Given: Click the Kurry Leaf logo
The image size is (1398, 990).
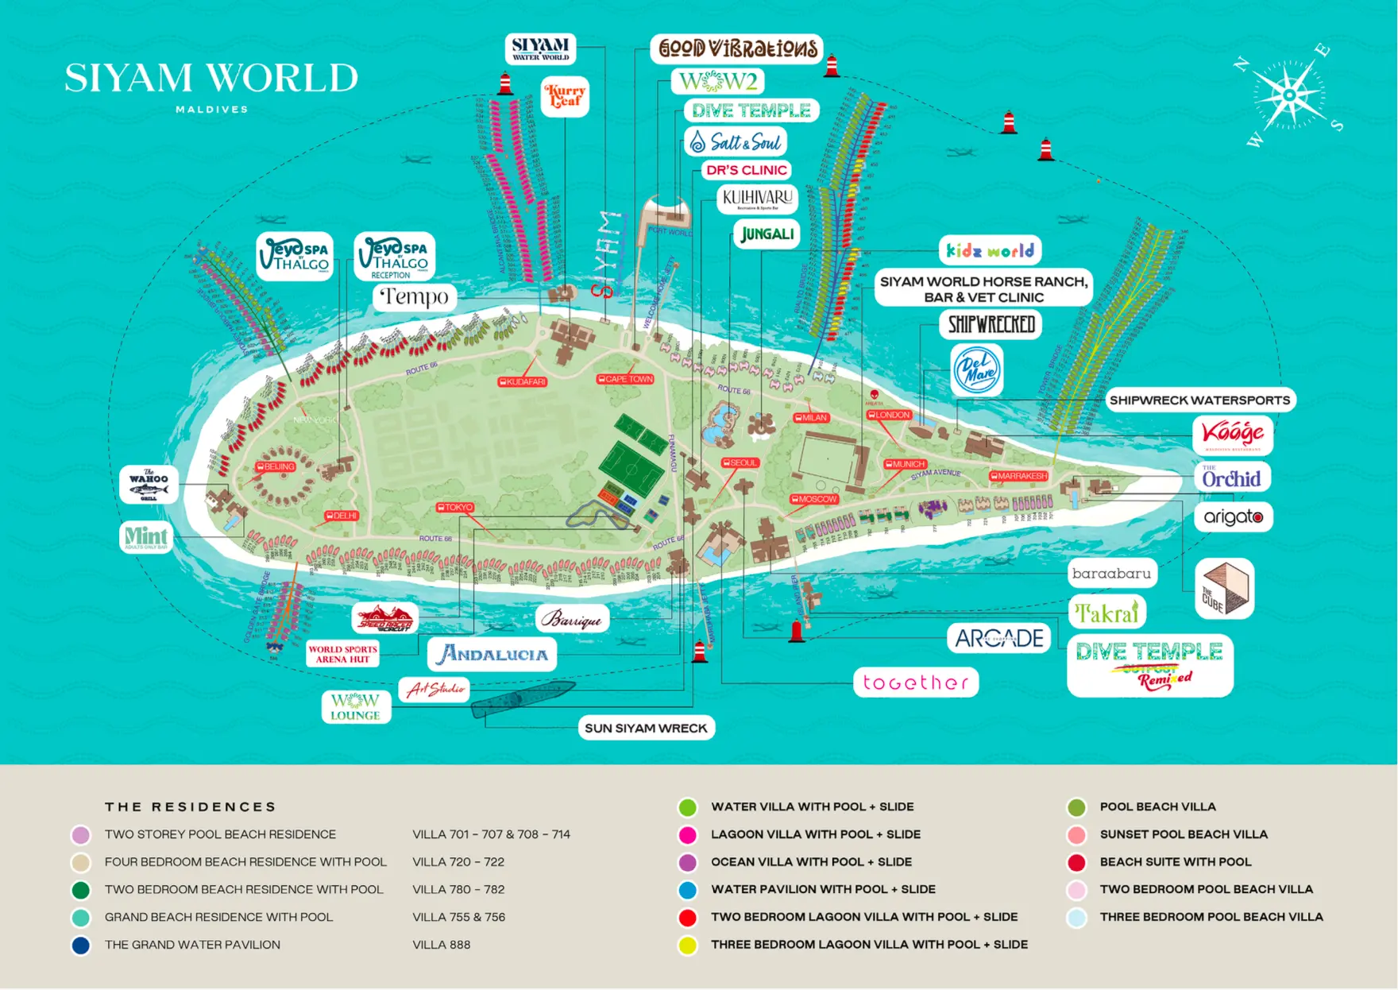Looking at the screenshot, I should [x=565, y=96].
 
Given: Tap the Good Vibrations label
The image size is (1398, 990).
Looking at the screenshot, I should [x=737, y=48].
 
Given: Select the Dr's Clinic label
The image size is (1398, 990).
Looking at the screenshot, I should [x=746, y=170].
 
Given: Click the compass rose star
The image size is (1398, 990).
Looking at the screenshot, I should [x=1289, y=95].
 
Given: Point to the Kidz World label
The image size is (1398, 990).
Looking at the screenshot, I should [x=990, y=251].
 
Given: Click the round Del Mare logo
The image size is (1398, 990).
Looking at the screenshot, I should [x=976, y=370].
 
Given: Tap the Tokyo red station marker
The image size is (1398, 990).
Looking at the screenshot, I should [x=455, y=507].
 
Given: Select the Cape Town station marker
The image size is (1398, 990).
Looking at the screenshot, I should [x=625, y=379].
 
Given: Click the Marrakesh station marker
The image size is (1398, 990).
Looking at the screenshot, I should [x=1019, y=476].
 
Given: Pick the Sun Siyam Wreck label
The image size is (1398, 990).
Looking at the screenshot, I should [x=646, y=728].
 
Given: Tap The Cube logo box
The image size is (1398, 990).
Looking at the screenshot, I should [x=1224, y=589].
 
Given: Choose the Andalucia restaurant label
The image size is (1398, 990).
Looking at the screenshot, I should [x=492, y=654].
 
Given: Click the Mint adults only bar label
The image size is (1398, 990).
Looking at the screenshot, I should [x=146, y=537].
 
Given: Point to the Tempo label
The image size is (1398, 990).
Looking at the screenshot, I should [x=415, y=297].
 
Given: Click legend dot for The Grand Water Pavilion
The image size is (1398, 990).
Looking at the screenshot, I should [x=80, y=946].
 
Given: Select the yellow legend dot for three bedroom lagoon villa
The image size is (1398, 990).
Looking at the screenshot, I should [x=687, y=946].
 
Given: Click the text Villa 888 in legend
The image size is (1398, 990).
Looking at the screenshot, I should [x=441, y=946].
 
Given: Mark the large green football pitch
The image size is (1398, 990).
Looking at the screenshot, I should [x=631, y=469].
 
